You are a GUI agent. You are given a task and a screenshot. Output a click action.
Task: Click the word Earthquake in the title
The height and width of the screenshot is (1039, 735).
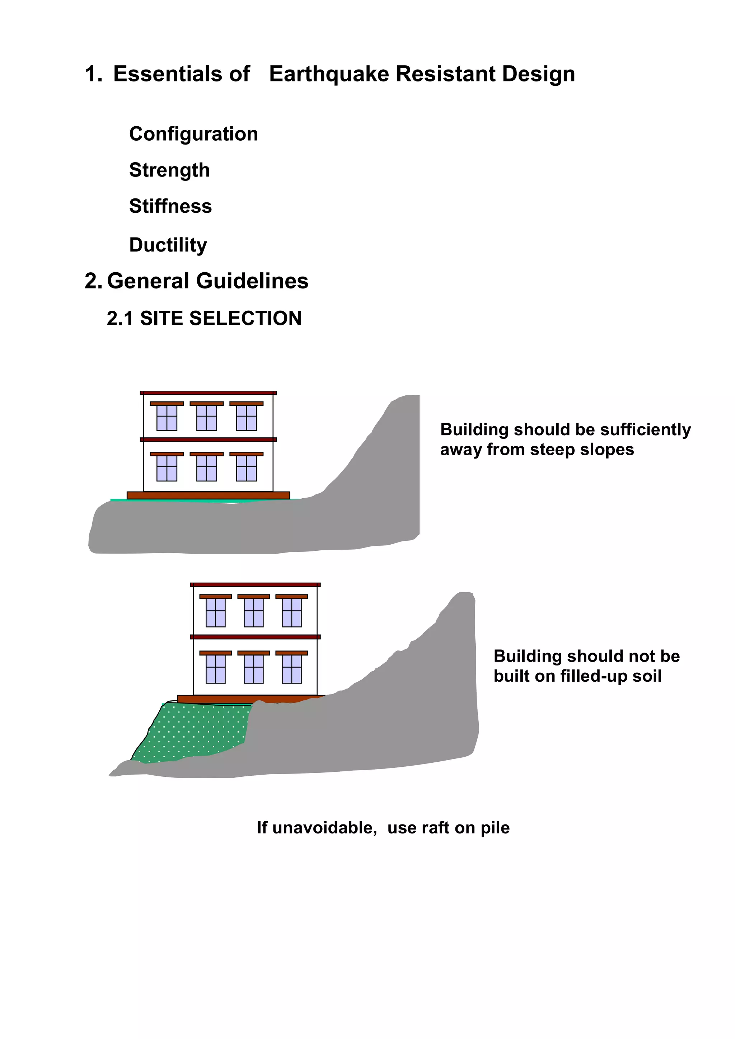tap(329, 74)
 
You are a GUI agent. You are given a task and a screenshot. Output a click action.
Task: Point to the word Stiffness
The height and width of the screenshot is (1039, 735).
tap(170, 206)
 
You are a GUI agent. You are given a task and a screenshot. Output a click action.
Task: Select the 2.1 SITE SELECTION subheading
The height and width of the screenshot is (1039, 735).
tap(204, 319)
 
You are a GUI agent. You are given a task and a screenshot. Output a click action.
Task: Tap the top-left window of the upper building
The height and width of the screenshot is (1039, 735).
tap(167, 417)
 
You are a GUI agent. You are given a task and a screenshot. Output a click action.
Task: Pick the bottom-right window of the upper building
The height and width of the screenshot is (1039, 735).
tap(246, 468)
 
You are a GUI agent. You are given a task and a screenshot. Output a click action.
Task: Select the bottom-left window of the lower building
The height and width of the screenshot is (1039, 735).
tap(215, 669)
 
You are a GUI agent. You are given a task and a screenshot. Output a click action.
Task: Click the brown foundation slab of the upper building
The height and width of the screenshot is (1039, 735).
tap(208, 495)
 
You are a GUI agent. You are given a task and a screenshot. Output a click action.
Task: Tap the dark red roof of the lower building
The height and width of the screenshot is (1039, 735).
tap(255, 585)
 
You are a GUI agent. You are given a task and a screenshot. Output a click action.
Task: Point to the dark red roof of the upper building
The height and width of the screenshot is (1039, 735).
tap(208, 393)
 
